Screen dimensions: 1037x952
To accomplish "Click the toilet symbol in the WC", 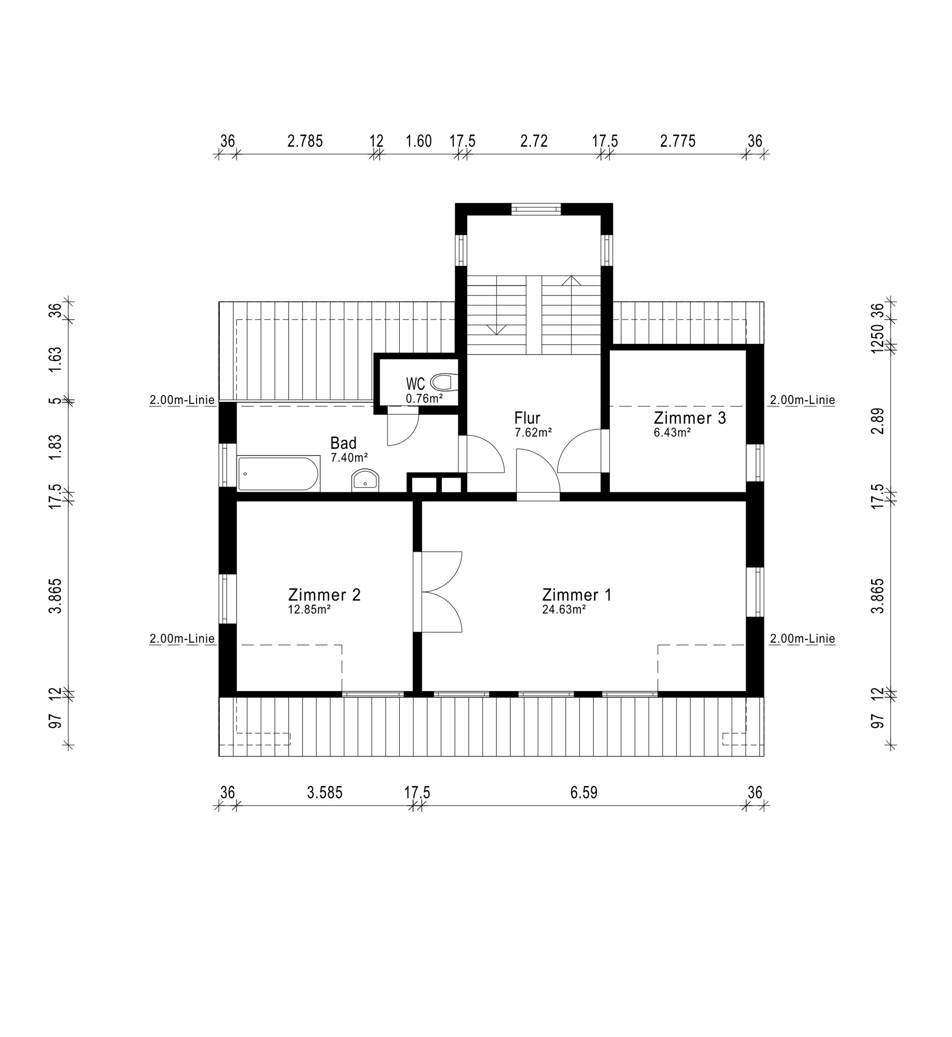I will point(444,382).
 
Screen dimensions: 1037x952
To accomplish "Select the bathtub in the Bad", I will point(278,473).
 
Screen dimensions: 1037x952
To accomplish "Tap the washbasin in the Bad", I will point(365,480).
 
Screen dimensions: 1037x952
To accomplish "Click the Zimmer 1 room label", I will point(577,595).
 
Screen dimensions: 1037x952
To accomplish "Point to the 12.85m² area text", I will point(309,610).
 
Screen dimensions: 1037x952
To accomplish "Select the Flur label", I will point(527,418).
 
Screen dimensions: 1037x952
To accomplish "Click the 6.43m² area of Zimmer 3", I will point(672,432).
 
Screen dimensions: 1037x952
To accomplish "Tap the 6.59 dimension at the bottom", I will point(584,792).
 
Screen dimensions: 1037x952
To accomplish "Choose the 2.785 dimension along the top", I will point(305,141).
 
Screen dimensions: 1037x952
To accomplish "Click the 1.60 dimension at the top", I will point(418,141).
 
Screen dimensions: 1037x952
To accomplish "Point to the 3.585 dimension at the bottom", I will point(325,792).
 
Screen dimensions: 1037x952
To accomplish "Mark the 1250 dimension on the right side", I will point(877,339).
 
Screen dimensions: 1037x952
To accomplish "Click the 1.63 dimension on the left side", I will point(55,359).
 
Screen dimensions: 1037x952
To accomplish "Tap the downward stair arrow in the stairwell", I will point(497,329).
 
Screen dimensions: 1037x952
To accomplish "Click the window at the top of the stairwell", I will point(536,209).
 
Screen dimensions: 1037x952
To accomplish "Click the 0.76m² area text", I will point(424,399).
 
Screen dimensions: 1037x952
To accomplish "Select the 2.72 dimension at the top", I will point(534,141).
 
